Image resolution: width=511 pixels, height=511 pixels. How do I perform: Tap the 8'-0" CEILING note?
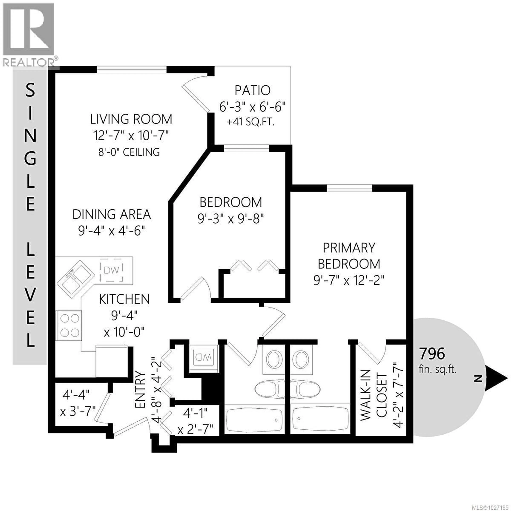(129, 152)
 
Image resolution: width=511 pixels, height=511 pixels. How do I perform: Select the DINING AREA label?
(112, 214)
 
